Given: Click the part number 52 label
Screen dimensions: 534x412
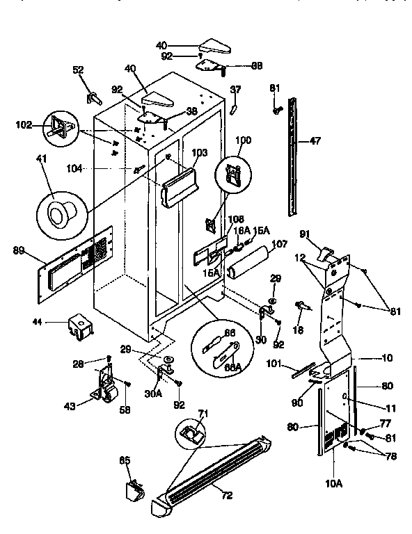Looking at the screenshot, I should (x=78, y=70).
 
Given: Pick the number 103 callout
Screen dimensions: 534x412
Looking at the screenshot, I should (x=199, y=152).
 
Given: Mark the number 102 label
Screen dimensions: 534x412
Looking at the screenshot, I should (x=23, y=126).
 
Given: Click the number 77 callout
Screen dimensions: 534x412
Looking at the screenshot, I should (x=385, y=423).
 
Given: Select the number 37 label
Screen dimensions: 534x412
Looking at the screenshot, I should (x=235, y=89).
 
